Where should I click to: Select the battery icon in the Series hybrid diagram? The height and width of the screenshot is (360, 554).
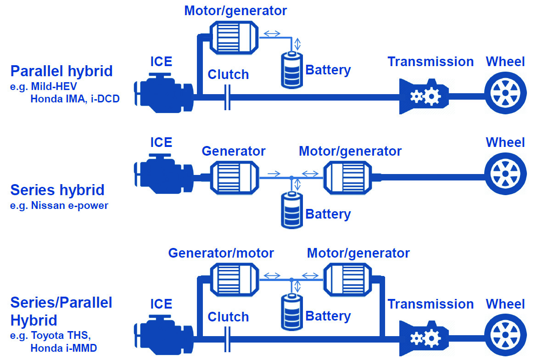click(292, 209)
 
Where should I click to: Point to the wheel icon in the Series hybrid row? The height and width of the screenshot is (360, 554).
click(505, 174)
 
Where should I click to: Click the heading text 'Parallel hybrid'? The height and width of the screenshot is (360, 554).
click(62, 71)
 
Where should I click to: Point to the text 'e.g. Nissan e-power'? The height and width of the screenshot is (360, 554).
click(59, 205)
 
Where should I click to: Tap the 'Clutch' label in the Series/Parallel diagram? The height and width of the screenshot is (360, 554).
click(228, 317)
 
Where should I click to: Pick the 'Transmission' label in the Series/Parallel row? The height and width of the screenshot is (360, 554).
click(431, 304)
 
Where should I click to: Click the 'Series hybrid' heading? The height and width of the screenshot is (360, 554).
click(57, 190)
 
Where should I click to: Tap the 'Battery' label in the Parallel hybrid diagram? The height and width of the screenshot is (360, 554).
click(328, 70)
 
